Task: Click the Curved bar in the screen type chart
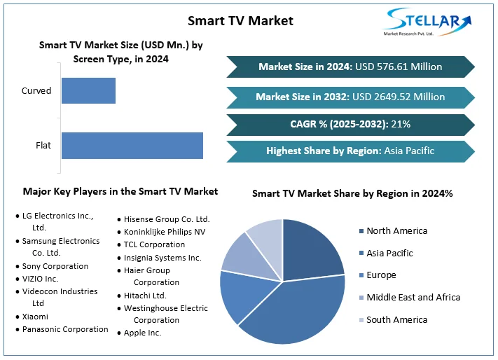click(x=88, y=91)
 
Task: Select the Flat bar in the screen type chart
click(x=132, y=146)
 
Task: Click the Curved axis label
click(x=36, y=91)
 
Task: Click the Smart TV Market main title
click(x=240, y=20)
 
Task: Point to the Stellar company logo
click(x=427, y=22)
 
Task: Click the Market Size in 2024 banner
click(x=350, y=67)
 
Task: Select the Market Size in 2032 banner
click(x=350, y=97)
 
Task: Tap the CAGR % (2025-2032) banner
click(x=350, y=124)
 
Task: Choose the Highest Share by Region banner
click(x=350, y=151)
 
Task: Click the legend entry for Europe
click(x=382, y=275)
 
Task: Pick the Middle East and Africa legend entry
click(x=413, y=298)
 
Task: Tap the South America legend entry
click(x=396, y=319)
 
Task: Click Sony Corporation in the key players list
click(x=55, y=266)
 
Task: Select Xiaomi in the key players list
click(x=35, y=317)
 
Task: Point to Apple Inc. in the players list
click(x=142, y=333)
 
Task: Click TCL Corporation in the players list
click(x=154, y=245)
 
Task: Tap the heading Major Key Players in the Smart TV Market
click(x=120, y=191)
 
